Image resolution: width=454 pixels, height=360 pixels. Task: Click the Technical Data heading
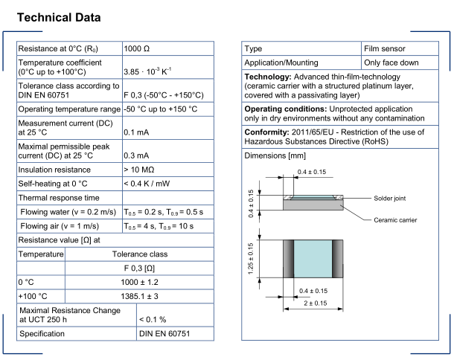(59, 16)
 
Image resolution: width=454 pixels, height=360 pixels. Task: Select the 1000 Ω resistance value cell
(136, 48)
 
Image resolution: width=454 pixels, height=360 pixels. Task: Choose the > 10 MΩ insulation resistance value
(141, 170)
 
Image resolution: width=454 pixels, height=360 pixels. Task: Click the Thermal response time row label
(58, 198)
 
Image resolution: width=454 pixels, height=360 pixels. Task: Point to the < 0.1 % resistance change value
(153, 319)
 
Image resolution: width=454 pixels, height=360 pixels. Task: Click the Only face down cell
(391, 62)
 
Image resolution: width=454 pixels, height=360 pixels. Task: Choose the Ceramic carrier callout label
(395, 219)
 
